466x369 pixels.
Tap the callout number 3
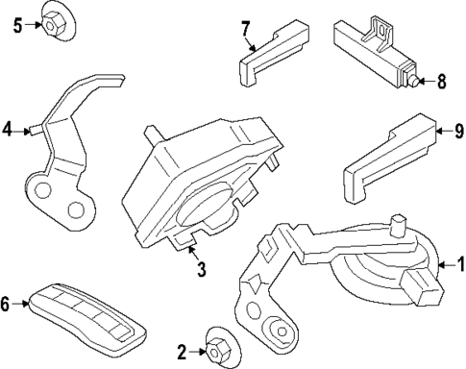point(200,270)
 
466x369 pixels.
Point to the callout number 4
point(9,127)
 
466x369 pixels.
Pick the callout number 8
point(441,82)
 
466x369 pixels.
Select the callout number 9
point(457,129)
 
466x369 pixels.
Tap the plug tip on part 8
point(413,81)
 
